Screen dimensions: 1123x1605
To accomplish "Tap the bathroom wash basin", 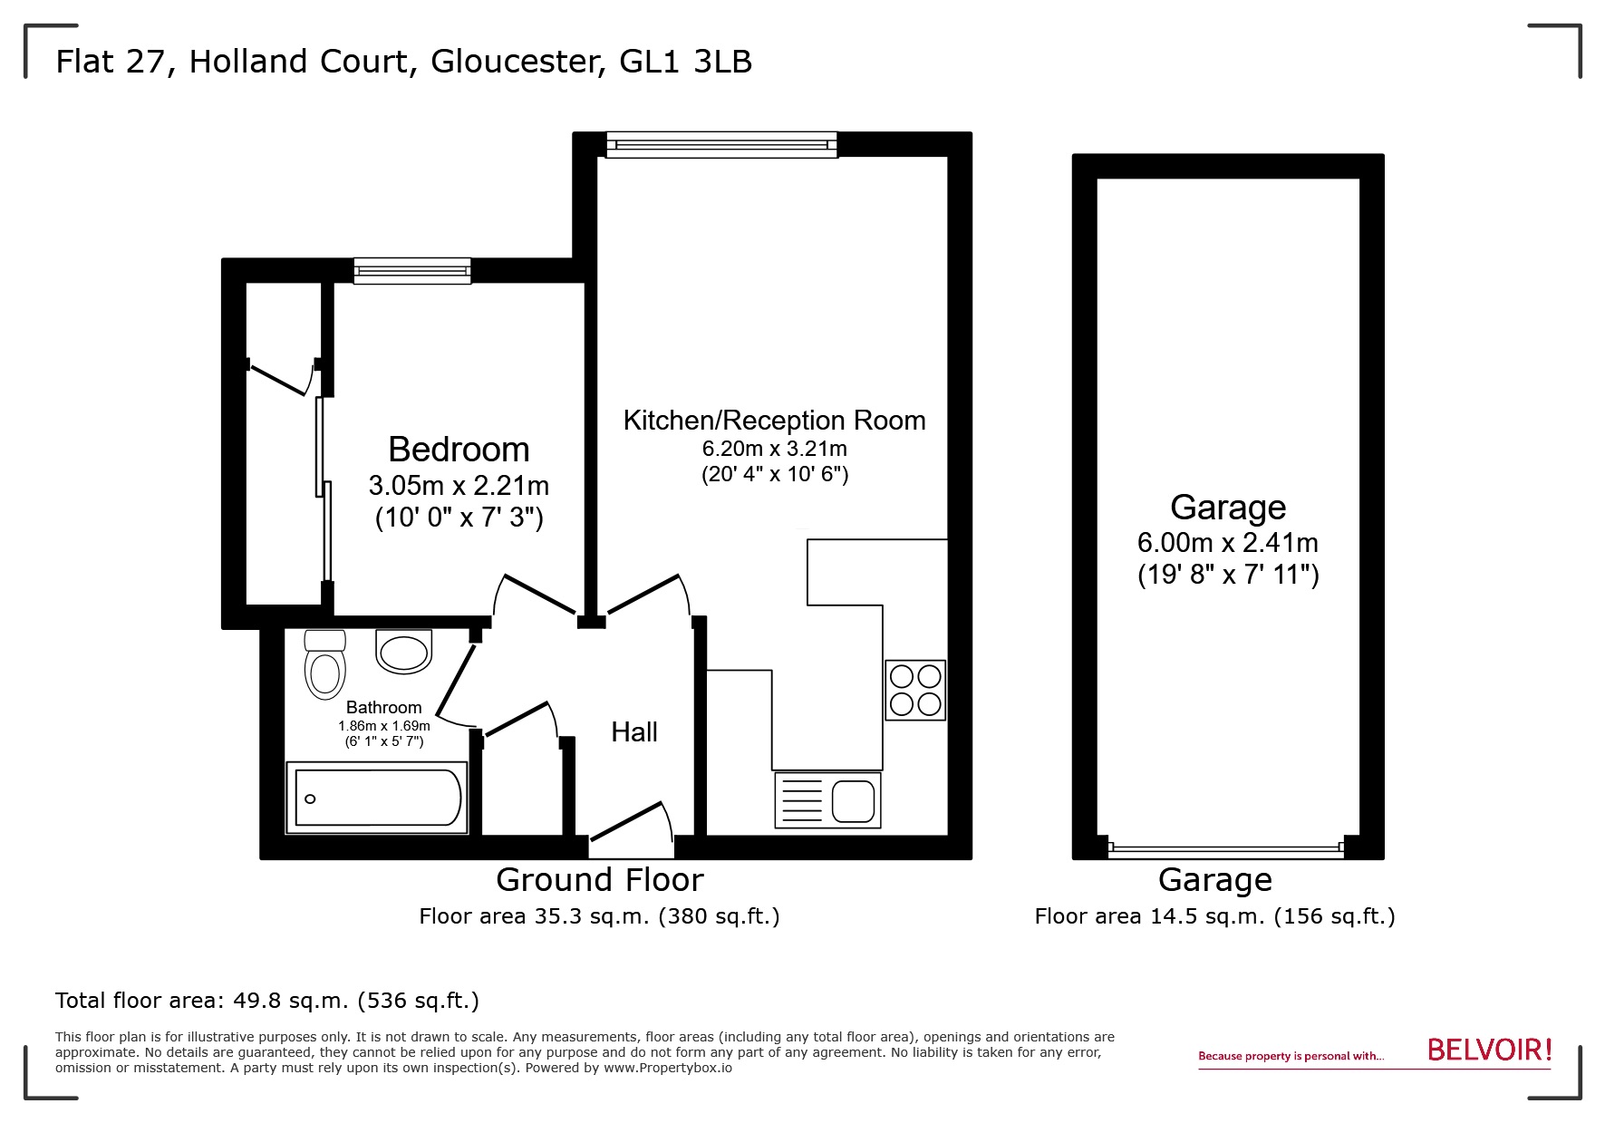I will coord(403,652).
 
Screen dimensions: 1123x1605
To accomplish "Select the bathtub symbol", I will coord(377,798).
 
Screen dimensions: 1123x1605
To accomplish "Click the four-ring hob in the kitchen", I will coord(915,690).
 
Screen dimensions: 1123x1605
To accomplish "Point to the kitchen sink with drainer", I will coord(827,800).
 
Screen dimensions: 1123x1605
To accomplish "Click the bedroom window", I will coord(412,270).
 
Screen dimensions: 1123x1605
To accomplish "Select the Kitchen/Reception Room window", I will coord(721,145).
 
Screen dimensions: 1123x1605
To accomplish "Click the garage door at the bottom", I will coord(1225,850).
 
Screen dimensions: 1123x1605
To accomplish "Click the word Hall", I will coord(633,732).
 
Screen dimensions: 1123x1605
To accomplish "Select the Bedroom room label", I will coord(459,450).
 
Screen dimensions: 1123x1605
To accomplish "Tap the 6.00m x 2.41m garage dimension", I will coord(1227,543).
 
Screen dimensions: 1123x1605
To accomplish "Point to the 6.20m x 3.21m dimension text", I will coord(774,449).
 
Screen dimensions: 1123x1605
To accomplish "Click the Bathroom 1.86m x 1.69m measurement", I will coord(383,726).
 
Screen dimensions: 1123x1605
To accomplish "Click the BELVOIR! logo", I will coord(1489,1050).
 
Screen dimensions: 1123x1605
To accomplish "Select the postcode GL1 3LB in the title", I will coord(685,62).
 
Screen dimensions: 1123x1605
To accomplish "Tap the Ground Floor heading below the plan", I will coord(599,880).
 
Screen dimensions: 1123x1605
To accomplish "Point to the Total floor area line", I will coord(267,1001).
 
